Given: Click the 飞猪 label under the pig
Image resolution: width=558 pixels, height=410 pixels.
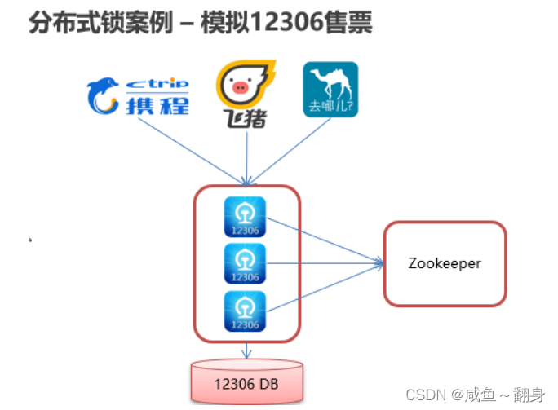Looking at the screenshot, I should [246, 120].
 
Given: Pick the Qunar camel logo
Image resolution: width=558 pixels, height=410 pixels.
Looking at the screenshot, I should [330, 89].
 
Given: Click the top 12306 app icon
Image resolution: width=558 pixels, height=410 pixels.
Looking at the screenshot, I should [245, 216].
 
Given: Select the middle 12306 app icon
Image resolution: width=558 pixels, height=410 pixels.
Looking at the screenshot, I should [245, 263].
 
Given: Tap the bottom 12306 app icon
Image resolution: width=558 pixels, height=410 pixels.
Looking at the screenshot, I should [245, 311].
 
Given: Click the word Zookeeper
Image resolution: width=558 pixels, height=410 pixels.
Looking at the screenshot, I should [445, 263].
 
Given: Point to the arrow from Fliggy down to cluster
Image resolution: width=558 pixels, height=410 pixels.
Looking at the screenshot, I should [246, 155].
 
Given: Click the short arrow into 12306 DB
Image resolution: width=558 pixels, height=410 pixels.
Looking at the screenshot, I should [246, 350].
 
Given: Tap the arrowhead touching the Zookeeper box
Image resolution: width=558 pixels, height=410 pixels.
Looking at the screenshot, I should [379, 263].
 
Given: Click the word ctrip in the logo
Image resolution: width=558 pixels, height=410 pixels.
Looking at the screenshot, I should [158, 83].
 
